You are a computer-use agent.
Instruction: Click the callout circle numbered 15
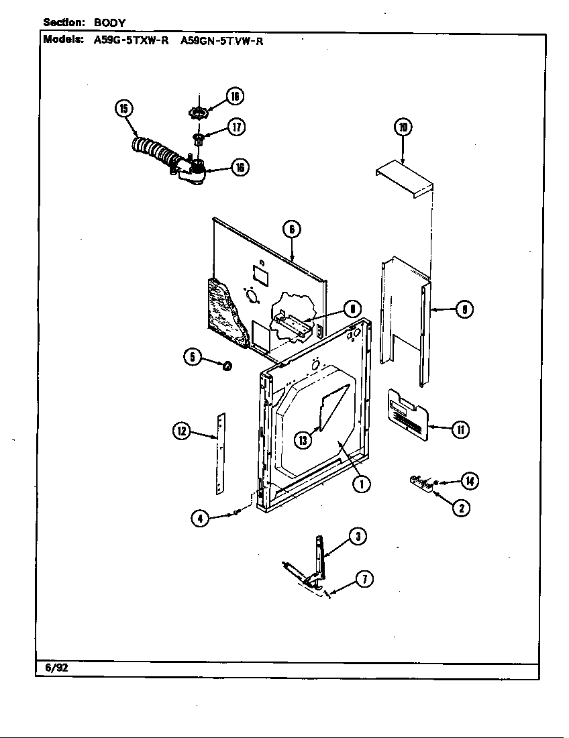click(x=124, y=109)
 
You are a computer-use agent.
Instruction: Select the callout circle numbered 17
click(x=236, y=127)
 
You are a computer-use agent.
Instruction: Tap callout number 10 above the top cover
click(x=402, y=127)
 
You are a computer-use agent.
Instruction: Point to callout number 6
click(x=291, y=229)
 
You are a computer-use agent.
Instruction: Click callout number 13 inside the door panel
click(x=303, y=439)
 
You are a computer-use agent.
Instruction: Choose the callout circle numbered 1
click(x=361, y=483)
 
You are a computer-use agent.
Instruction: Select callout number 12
click(x=181, y=431)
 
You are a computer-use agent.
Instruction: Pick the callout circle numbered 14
click(x=470, y=480)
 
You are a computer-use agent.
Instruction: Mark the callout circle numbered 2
click(x=460, y=508)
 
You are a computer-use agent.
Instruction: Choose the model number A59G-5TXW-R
click(x=131, y=40)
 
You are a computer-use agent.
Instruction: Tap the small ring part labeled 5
click(x=227, y=366)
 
